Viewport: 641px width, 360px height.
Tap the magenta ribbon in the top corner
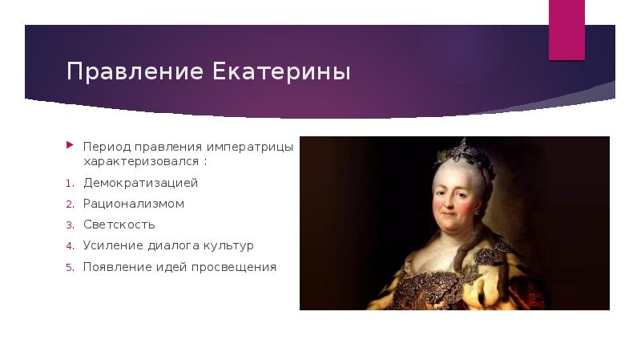[566, 30]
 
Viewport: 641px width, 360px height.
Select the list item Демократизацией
[140, 183]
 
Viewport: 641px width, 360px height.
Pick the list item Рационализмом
[134, 204]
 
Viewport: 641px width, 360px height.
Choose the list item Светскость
[119, 224]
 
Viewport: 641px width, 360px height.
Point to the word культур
[228, 245]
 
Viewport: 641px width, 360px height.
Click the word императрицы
[249, 148]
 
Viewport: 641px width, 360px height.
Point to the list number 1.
[69, 184]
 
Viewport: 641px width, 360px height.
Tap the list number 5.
[69, 267]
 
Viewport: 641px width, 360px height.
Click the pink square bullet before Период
[69, 147]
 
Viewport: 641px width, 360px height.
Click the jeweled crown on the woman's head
[461, 150]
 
